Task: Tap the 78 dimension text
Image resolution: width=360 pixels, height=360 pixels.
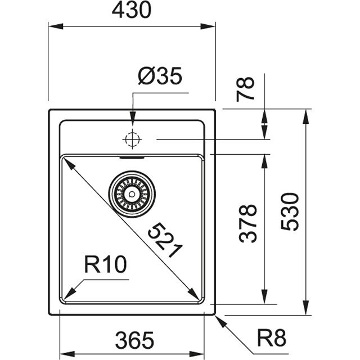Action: (247, 88)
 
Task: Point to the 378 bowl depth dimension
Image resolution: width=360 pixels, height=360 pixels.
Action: (247, 223)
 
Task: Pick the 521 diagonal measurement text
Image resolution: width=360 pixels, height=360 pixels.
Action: (165, 241)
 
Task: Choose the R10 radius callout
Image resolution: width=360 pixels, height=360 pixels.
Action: (106, 264)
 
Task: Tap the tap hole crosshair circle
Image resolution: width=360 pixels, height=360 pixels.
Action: (132, 138)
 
